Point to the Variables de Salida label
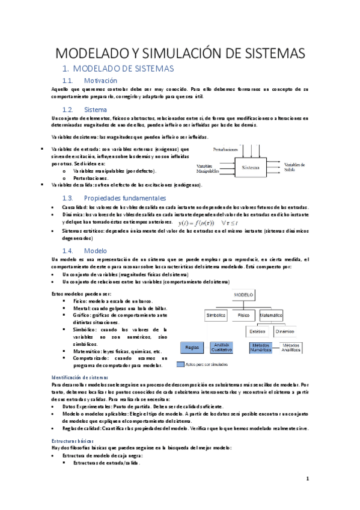(x=294, y=167)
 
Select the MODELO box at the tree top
(x=243, y=295)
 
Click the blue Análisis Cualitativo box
(x=222, y=347)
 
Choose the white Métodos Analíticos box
(x=291, y=347)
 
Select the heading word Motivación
(x=100, y=81)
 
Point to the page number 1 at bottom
(x=307, y=479)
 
